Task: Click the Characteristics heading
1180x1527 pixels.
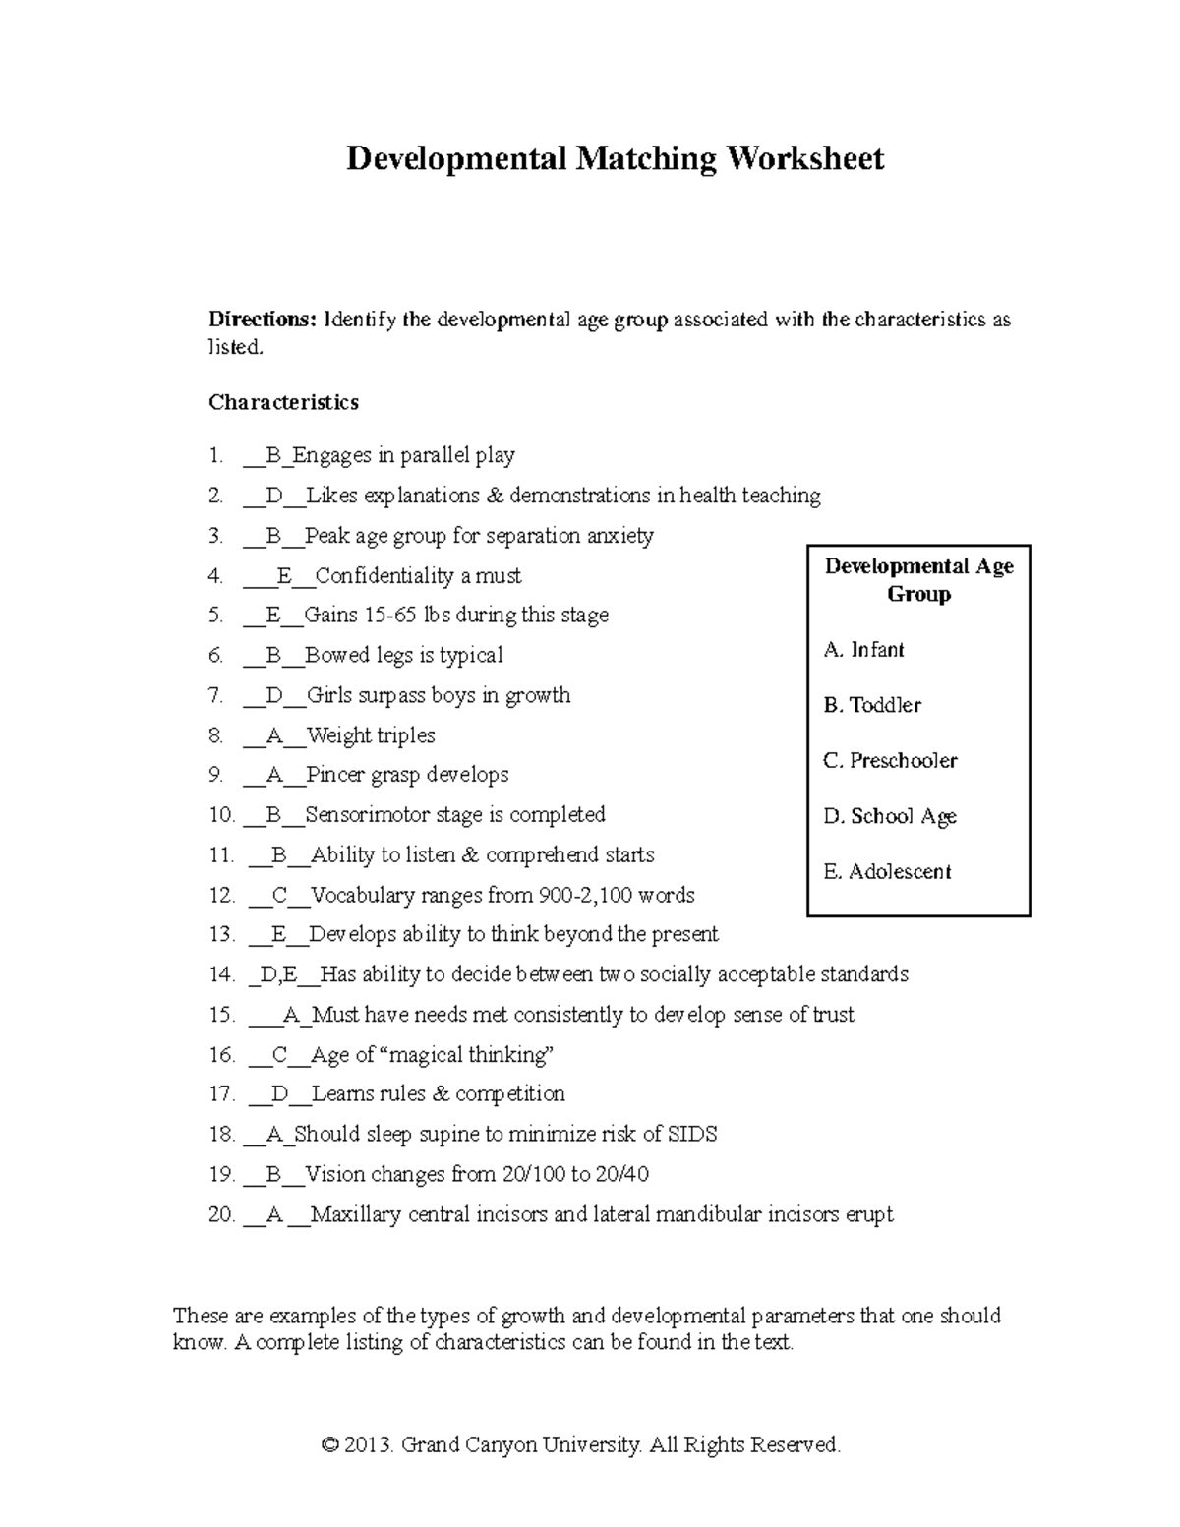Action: [283, 402]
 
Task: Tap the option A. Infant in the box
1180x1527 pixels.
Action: [863, 650]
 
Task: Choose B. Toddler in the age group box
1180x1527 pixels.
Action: [872, 705]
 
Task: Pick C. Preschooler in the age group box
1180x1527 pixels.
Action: [890, 761]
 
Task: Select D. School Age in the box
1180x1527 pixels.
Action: [890, 816]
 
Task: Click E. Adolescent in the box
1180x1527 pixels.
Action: [887, 872]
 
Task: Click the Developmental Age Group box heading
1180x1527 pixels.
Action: [918, 580]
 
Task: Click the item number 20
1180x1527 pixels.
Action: [221, 1215]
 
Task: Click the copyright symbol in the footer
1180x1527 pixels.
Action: [329, 1445]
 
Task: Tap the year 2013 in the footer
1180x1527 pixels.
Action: [369, 1445]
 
